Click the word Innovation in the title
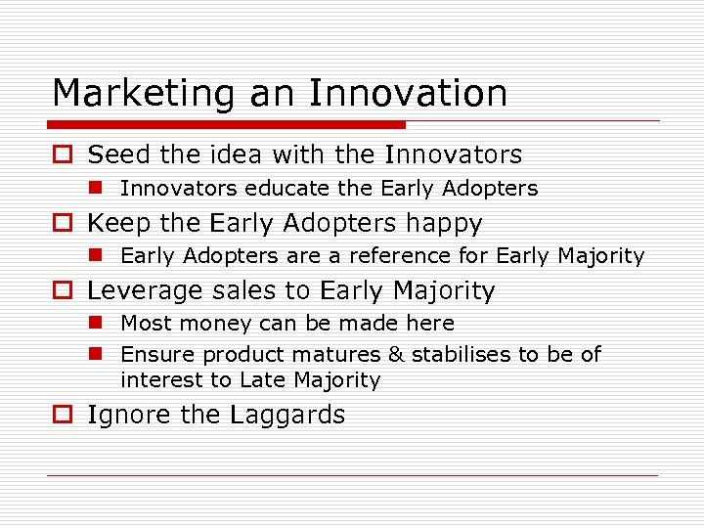click(x=408, y=94)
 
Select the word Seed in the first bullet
click(x=117, y=154)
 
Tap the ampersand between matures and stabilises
click(x=396, y=354)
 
